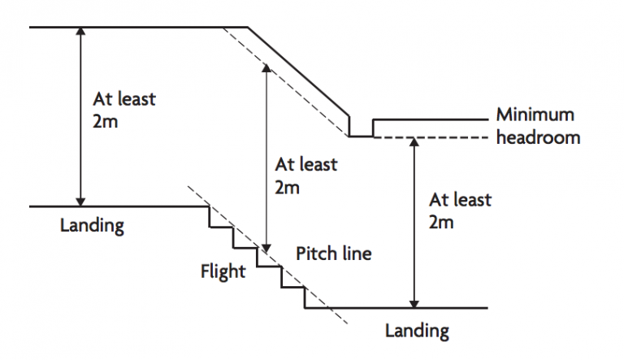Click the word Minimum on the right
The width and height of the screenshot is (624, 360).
tap(535, 115)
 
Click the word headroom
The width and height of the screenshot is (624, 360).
tap(538, 137)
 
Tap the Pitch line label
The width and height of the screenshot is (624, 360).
tap(333, 254)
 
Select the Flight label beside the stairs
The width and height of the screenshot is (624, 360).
tap(223, 271)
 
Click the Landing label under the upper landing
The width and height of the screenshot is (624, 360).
tap(92, 225)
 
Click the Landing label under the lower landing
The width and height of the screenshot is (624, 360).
tap(416, 330)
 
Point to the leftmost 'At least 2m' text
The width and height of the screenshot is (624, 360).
tap(124, 111)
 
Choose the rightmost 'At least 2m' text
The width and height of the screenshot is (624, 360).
tap(460, 210)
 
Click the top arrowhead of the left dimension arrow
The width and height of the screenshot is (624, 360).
tap(80, 32)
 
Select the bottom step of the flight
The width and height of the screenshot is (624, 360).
tap(315, 308)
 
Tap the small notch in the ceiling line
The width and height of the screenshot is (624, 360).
tap(361, 128)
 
